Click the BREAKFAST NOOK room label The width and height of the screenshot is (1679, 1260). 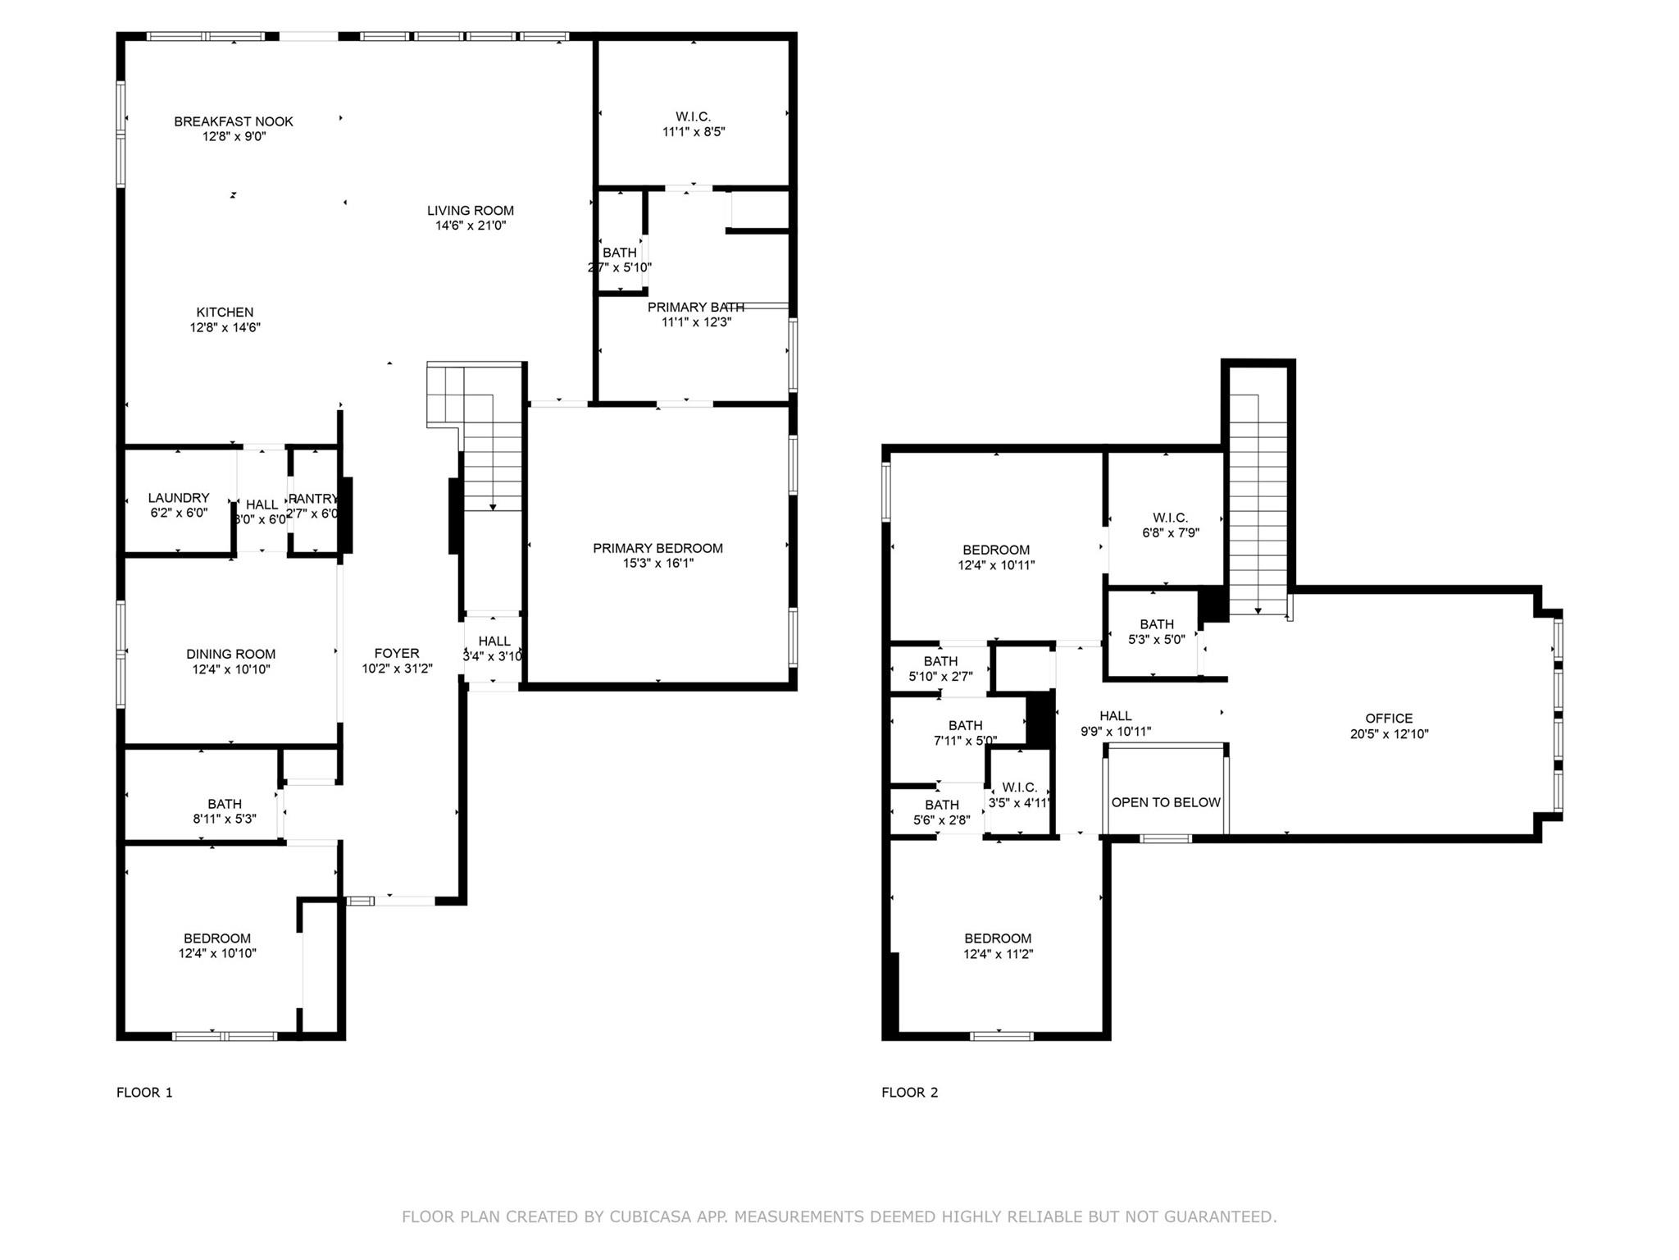pos(233,121)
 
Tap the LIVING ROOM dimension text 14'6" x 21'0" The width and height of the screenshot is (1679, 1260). pos(471,226)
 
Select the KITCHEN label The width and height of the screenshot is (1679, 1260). pos(225,313)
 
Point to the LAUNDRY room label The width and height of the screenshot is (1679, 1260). pos(179,498)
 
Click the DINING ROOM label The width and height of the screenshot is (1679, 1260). pos(230,654)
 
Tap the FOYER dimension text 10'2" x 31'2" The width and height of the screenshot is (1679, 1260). pos(397,669)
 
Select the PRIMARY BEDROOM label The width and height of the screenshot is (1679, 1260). pos(657,548)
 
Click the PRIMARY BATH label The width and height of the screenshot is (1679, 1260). pos(695,307)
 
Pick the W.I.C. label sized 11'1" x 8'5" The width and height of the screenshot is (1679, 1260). pos(693,116)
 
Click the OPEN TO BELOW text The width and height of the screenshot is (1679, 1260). pos(1165,802)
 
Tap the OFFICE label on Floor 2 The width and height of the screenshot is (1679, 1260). pos(1389,719)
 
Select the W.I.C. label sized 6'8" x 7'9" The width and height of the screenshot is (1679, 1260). pos(1170,518)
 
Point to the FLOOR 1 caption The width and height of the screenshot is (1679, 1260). pos(144,1092)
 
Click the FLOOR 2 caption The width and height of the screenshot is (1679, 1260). pos(909,1092)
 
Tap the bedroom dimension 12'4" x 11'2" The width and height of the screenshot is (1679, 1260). pos(998,954)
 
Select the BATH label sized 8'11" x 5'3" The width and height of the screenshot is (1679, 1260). pos(224,804)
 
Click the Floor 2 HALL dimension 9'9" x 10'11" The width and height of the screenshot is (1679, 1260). pos(1115,732)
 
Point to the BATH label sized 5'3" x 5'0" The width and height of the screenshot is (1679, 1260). pos(1156,624)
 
